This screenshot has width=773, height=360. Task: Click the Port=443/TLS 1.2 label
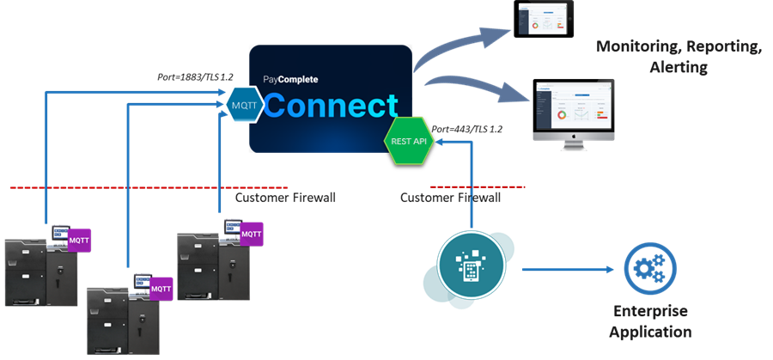pos(467,129)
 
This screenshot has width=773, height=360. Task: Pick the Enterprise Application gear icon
pos(648,269)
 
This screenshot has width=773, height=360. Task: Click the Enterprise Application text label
pos(650,320)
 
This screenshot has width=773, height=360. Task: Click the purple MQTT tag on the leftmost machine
pos(80,241)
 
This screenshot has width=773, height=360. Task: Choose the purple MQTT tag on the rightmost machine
pos(251,233)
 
